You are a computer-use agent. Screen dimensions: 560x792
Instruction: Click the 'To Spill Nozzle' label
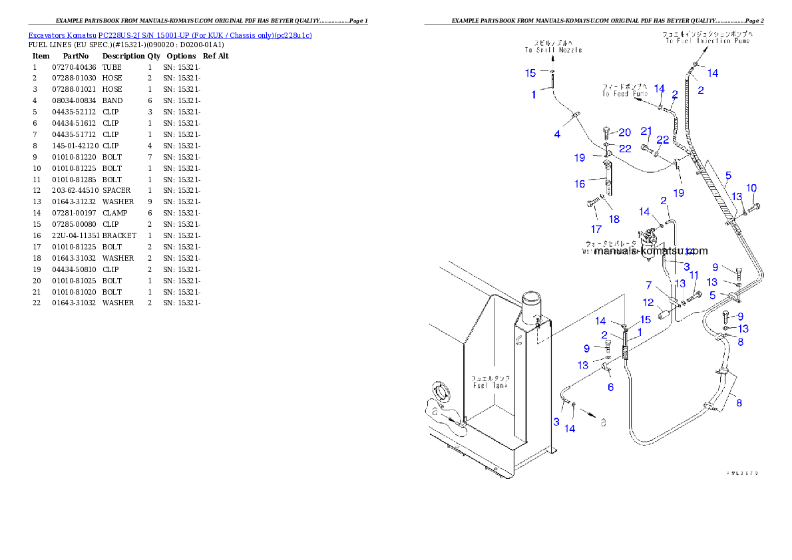[x=552, y=50]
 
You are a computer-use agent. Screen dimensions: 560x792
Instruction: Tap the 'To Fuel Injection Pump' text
[x=706, y=41]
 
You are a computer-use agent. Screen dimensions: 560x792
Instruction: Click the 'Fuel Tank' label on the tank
[x=491, y=385]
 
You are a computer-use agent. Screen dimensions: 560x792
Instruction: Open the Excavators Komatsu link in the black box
[x=170, y=35]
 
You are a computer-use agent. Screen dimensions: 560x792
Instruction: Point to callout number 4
[x=557, y=134]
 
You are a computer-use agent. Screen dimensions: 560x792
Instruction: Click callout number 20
[x=624, y=132]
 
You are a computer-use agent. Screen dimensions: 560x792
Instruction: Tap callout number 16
[x=580, y=184]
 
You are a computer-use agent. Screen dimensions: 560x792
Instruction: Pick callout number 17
[x=596, y=228]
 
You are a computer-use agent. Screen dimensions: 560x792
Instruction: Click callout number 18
[x=614, y=218]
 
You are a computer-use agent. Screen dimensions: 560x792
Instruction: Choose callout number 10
[x=751, y=188]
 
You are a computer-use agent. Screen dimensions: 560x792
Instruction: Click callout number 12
[x=648, y=303]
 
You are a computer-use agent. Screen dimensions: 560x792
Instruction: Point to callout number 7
[x=649, y=285]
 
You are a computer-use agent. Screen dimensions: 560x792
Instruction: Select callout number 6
[x=610, y=387]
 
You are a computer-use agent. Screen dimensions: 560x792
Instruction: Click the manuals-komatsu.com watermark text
[x=642, y=251]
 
